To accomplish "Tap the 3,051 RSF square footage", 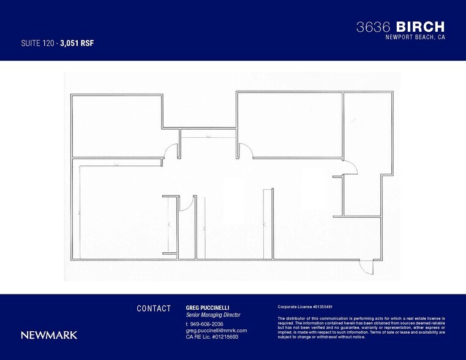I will click(x=77, y=43).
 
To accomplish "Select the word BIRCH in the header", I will click(x=420, y=27).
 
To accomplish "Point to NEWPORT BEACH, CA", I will click(x=415, y=37).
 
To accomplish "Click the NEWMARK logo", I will click(x=49, y=335).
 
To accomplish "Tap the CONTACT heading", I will click(x=154, y=309).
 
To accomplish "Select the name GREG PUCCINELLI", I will click(x=207, y=308).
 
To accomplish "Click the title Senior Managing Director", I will click(x=212, y=315).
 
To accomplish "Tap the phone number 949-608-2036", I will click(x=206, y=324).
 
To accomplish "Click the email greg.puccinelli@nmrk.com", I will click(x=216, y=331).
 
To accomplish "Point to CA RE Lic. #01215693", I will click(x=212, y=337).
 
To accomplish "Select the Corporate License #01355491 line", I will click(x=305, y=307).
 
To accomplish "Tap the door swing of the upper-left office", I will click(x=171, y=151).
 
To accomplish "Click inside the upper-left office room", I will click(x=116, y=126).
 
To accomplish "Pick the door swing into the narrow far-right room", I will click(x=351, y=168).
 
